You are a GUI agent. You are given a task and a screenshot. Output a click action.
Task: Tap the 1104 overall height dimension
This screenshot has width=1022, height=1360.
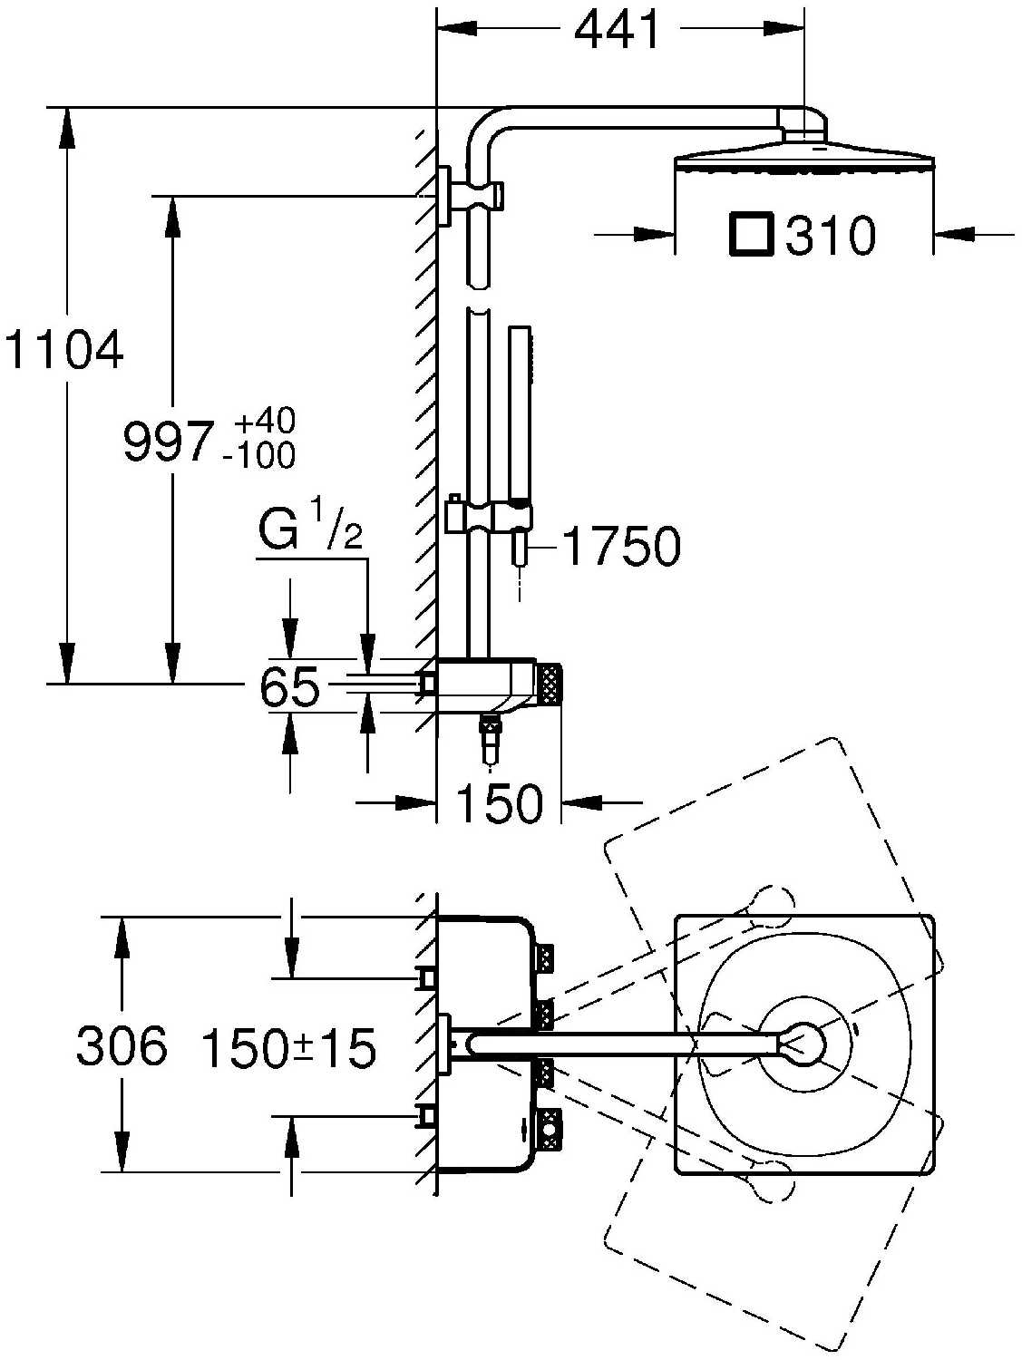[x=63, y=352]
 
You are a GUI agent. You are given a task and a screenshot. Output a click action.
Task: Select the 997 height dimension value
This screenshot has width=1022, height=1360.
[x=169, y=442]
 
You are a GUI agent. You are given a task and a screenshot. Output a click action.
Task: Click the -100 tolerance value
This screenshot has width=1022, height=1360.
[x=260, y=455]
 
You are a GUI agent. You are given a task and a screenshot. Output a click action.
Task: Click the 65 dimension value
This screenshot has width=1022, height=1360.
[x=290, y=687]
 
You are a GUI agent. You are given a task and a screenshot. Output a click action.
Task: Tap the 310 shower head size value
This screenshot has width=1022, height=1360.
[x=831, y=236]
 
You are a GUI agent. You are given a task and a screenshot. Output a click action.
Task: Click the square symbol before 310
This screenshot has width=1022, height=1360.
[x=751, y=234]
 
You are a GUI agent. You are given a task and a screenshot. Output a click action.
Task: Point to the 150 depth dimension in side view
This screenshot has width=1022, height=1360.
[x=500, y=803]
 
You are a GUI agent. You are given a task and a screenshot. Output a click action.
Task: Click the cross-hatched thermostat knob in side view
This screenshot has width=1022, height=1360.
[x=550, y=685]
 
